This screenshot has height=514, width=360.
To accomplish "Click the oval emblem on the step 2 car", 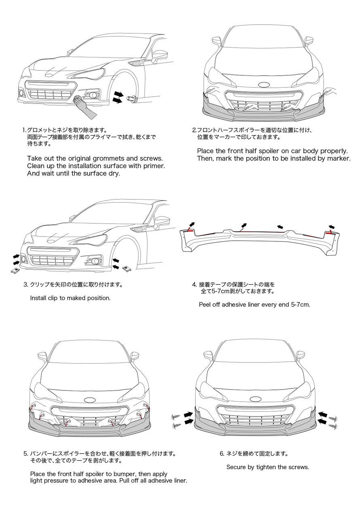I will (x=264, y=85).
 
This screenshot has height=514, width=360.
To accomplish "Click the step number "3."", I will (x=26, y=284).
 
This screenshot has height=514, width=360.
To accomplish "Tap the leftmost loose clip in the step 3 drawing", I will (x=15, y=271).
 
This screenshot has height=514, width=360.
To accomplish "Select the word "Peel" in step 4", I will (x=206, y=305).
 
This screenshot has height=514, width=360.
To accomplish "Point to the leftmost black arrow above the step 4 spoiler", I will (x=191, y=225).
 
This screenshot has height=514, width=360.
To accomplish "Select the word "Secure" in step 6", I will (x=236, y=467).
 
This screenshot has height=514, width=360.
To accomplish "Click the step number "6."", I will (x=222, y=454).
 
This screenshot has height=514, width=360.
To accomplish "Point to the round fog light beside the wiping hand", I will (x=94, y=95).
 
